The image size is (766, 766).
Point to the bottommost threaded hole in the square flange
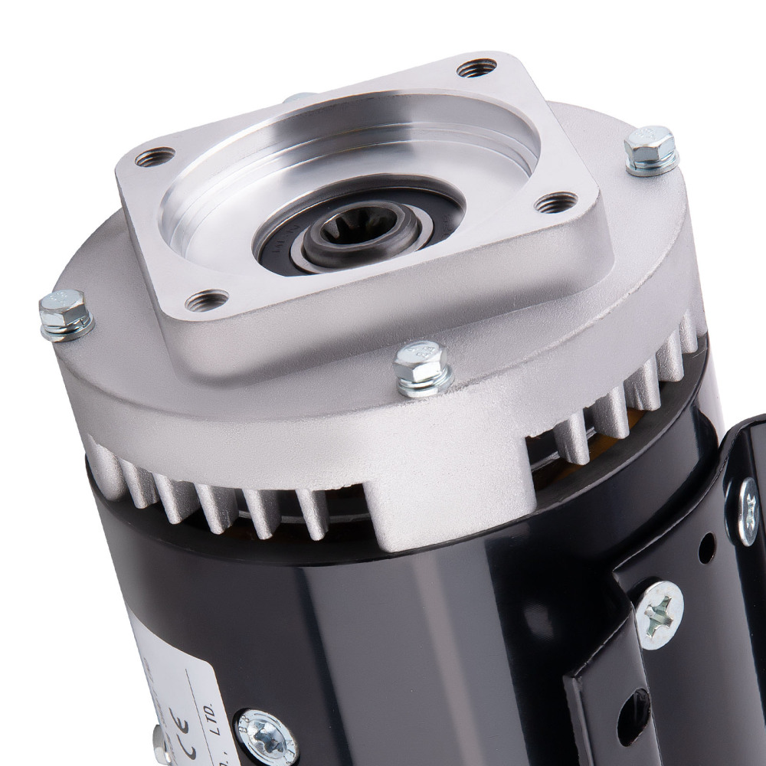(x=207, y=299)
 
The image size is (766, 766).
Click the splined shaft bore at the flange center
(x=358, y=228)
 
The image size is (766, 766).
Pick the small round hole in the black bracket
(x=706, y=545)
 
